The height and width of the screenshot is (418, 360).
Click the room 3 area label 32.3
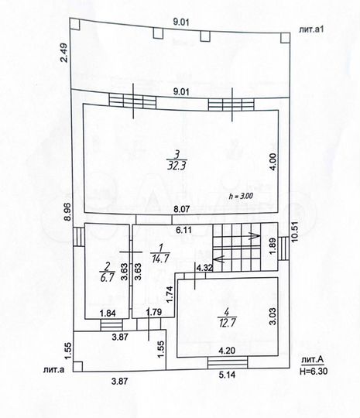[x=177, y=164]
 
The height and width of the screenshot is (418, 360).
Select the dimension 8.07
[x=180, y=209]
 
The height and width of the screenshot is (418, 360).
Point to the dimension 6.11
[x=183, y=229]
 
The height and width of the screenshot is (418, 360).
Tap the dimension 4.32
[x=205, y=268]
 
